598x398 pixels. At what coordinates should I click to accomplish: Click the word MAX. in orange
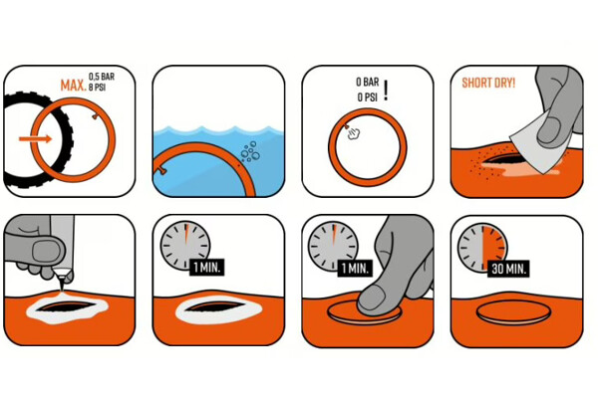[73, 86]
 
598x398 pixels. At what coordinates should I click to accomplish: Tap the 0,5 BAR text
[102, 77]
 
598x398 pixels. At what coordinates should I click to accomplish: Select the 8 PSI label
[97, 88]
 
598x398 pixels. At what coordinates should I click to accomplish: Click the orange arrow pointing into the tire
[35, 138]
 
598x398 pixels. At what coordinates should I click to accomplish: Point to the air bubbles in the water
[250, 151]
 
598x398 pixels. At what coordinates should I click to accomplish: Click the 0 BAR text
[367, 82]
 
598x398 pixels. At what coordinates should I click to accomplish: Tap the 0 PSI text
[367, 98]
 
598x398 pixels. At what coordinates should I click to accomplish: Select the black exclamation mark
[386, 91]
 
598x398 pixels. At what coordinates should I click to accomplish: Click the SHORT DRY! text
[488, 83]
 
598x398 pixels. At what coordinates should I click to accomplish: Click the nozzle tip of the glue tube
[61, 291]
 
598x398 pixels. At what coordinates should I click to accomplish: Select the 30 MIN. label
[508, 270]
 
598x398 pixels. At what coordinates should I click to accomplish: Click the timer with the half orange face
[482, 248]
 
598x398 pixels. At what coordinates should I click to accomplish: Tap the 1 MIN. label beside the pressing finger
[355, 268]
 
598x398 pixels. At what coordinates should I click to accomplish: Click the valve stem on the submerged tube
[160, 170]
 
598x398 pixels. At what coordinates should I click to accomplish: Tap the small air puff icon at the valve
[354, 133]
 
